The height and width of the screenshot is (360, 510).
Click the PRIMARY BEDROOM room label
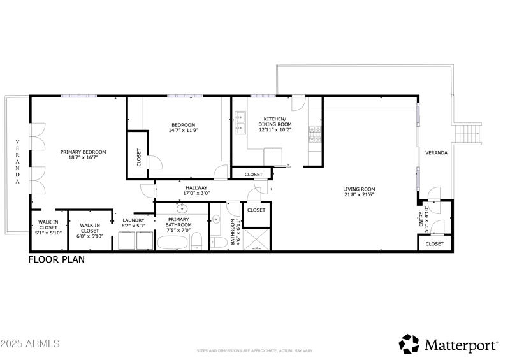(x=83, y=152)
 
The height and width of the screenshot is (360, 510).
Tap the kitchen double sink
(x=240, y=123)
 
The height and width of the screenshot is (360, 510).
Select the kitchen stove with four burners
(x=314, y=134)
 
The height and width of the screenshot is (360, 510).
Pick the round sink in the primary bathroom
(x=182, y=208)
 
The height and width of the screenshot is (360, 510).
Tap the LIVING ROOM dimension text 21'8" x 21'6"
(x=359, y=195)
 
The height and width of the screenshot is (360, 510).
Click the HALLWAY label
(x=196, y=188)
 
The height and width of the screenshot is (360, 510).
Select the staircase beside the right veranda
(x=469, y=134)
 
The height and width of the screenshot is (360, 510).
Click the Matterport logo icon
(x=409, y=344)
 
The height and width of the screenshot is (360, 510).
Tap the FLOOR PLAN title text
(x=56, y=260)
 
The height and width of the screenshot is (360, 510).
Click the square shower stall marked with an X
(x=256, y=239)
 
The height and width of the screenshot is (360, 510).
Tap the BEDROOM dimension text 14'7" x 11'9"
(x=183, y=131)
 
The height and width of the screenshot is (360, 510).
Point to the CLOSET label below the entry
(x=434, y=243)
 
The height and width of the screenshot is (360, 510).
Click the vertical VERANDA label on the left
(x=18, y=162)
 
